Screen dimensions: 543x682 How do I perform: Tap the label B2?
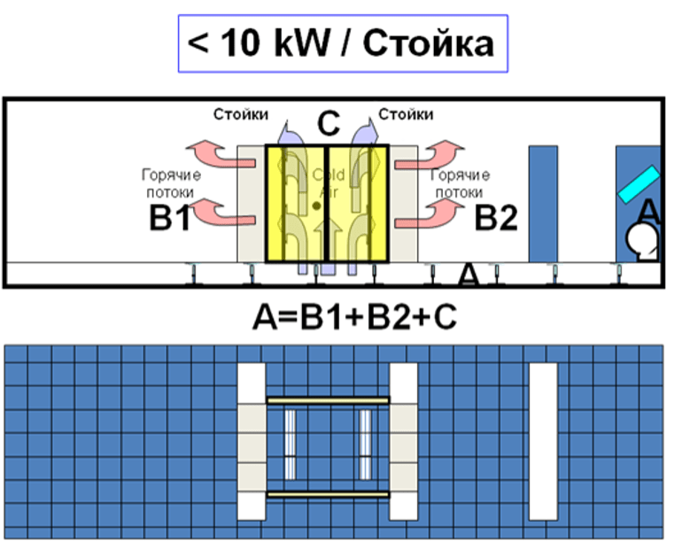coord(496,217)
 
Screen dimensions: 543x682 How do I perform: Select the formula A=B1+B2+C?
coord(342,314)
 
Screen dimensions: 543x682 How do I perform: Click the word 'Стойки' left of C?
coord(240,114)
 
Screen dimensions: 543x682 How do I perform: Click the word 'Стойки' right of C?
coord(406,114)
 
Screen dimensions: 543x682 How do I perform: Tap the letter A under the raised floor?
coord(468,277)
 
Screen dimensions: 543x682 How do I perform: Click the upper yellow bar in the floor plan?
coord(328,400)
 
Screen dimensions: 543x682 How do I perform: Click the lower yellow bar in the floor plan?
coord(328,493)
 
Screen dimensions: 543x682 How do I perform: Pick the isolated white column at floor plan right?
coord(543,440)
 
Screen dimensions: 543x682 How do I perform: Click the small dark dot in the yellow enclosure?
coord(316,206)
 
